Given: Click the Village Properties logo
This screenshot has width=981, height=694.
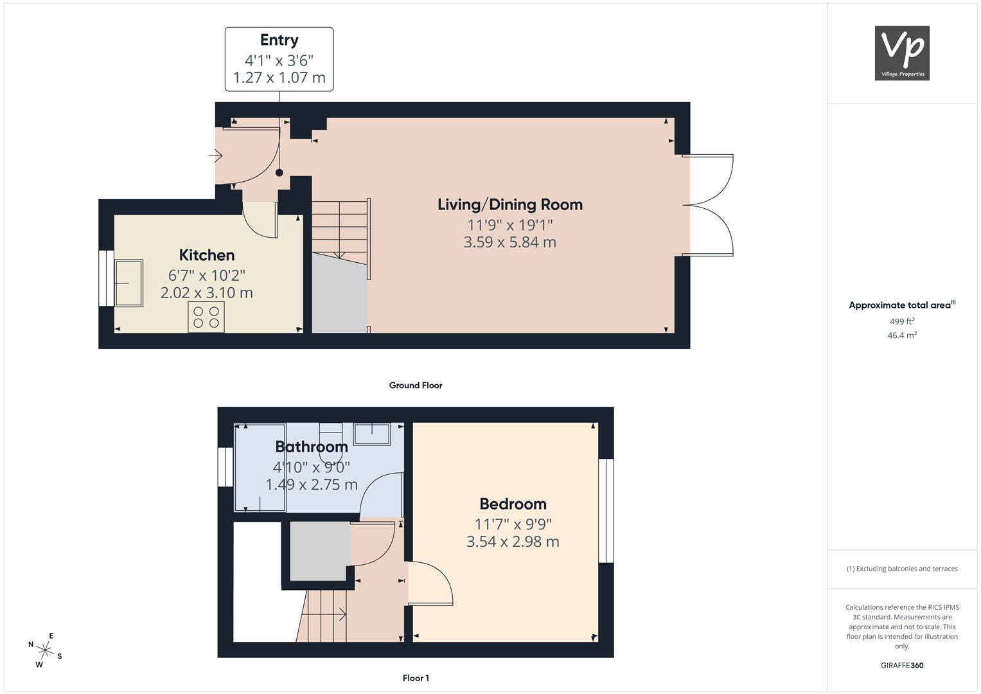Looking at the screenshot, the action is (x=902, y=53).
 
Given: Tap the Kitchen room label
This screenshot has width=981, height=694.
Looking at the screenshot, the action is (x=207, y=255).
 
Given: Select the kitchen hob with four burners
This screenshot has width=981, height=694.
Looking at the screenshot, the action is (x=206, y=317).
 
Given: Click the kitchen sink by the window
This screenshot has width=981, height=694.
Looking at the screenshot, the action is (x=128, y=283).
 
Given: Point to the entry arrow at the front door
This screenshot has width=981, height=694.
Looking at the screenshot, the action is (x=215, y=155).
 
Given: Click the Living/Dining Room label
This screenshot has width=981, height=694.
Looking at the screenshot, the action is (x=510, y=204).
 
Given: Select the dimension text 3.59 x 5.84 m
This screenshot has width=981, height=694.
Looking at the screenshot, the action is (x=510, y=242).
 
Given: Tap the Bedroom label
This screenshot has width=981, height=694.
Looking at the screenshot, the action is (x=513, y=504).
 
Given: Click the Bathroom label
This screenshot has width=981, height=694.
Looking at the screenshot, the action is (x=312, y=447).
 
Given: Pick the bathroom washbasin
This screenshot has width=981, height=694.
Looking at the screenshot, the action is (x=372, y=434).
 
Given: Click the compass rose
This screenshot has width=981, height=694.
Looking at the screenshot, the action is (x=45, y=650).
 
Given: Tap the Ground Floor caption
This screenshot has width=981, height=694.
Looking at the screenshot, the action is (x=416, y=385).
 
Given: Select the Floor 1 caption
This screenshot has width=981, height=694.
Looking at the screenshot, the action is (x=416, y=678).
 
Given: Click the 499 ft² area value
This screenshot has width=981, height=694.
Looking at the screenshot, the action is (x=902, y=321).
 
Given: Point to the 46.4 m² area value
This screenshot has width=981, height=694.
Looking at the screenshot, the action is (x=902, y=335).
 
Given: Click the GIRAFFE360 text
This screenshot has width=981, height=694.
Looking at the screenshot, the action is (x=902, y=665).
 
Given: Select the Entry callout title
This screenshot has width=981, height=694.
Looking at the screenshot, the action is (x=279, y=40).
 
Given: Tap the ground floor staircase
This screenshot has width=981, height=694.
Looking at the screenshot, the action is (x=340, y=232).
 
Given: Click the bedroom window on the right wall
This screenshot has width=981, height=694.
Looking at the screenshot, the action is (x=606, y=510).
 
